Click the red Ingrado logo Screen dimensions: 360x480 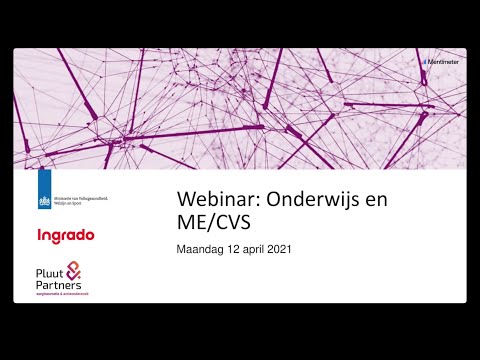[65, 236]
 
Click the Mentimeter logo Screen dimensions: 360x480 [441, 61]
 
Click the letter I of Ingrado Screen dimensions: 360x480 [38, 236]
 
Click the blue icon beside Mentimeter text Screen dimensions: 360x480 [424, 61]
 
